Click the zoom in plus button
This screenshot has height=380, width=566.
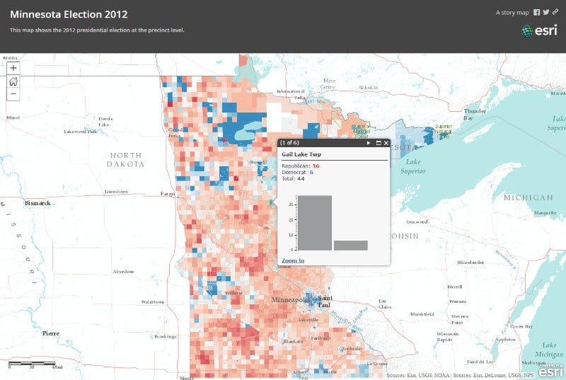(x=13, y=68)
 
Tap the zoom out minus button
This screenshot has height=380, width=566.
(x=13, y=93)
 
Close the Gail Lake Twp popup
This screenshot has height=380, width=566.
(x=386, y=143)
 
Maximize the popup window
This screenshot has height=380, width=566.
(x=378, y=143)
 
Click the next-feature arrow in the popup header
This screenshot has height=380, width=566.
(x=369, y=143)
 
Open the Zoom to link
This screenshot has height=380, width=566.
(x=293, y=260)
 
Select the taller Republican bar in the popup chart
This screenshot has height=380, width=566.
(x=314, y=222)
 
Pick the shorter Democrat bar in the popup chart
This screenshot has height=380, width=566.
(x=350, y=245)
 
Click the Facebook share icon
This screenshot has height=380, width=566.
(x=537, y=12)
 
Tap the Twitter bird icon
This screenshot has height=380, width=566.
(x=546, y=12)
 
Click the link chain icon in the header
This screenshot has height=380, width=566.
(x=555, y=12)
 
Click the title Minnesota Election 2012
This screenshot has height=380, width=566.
(x=69, y=13)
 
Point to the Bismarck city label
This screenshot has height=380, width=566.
(x=38, y=203)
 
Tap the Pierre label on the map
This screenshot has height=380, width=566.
(x=51, y=333)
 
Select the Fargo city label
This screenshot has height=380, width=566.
(x=168, y=193)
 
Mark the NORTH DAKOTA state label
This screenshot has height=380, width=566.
(x=126, y=159)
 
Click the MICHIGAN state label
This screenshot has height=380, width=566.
(x=528, y=197)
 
